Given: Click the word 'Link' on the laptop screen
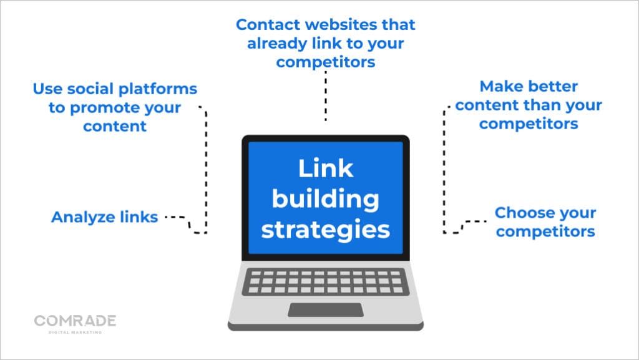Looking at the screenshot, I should (325, 168).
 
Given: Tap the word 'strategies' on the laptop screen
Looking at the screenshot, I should (325, 229).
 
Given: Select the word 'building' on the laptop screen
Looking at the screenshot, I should (325, 199).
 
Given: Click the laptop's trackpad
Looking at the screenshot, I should (325, 309).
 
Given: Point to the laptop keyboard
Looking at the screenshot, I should (325, 281).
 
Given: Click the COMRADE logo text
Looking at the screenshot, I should (75, 321).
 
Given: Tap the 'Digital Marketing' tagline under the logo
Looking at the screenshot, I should (75, 332).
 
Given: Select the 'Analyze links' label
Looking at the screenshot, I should (104, 217).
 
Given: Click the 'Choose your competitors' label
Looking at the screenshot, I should (545, 222).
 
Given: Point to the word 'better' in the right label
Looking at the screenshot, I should (554, 86).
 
